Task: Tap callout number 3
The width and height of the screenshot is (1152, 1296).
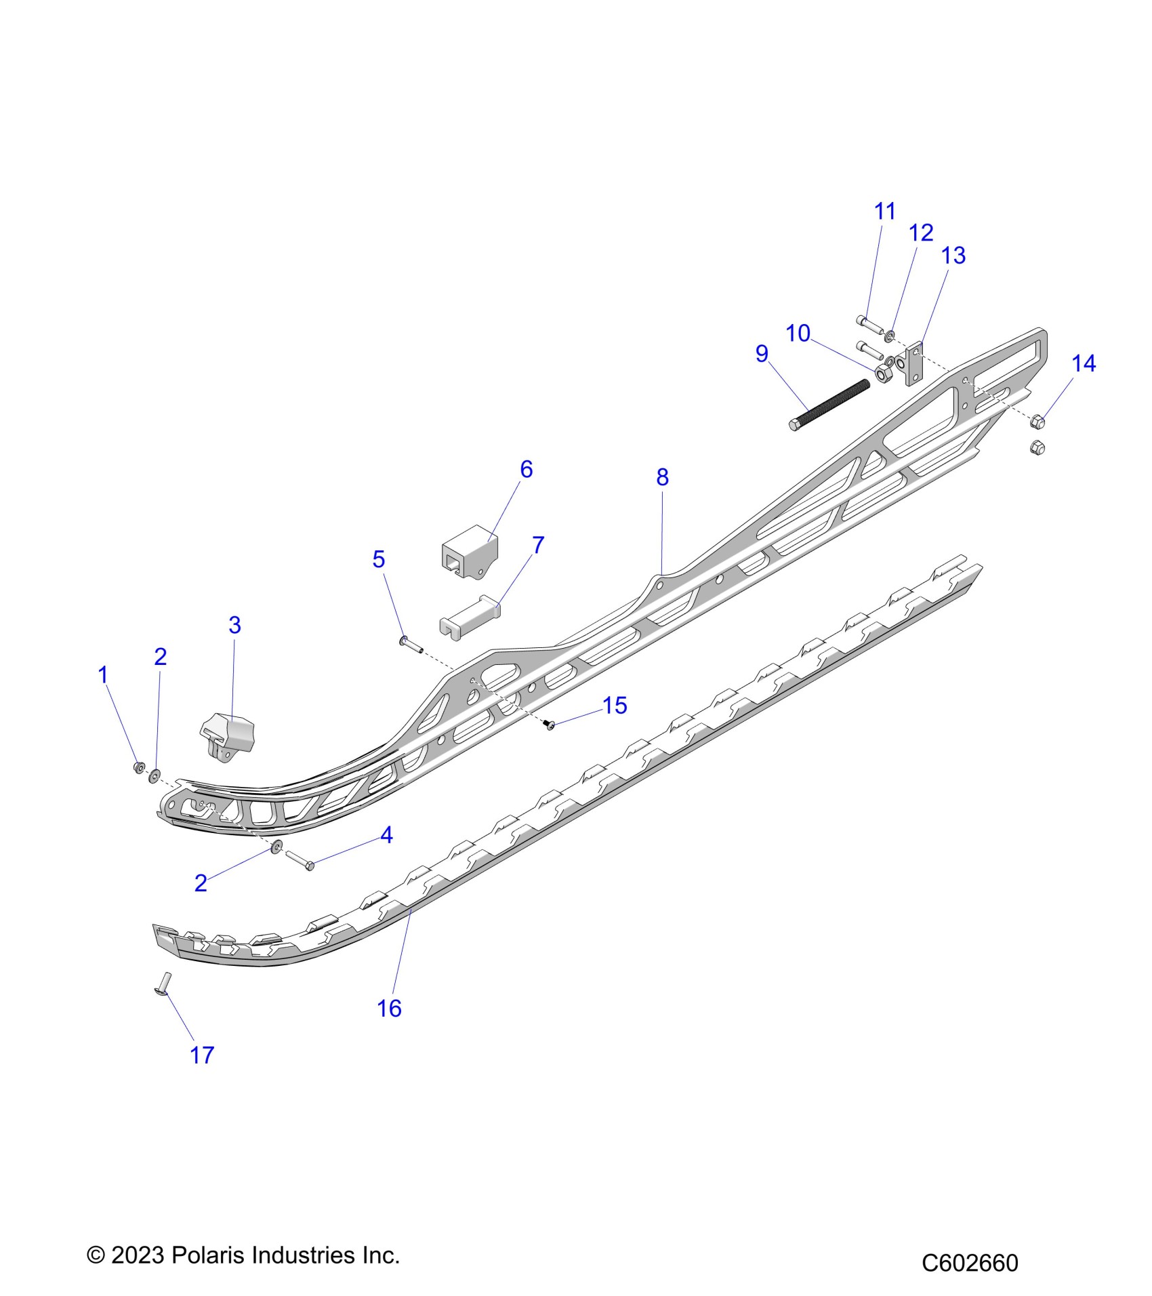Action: [234, 624]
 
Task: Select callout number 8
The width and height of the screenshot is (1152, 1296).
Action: [662, 477]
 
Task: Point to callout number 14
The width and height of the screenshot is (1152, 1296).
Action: [1083, 363]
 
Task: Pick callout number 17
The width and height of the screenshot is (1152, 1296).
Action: [202, 1055]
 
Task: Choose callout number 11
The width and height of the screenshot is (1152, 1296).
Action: [884, 211]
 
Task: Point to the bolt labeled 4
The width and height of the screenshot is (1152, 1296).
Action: [299, 859]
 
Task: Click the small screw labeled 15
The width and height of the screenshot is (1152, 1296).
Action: [550, 726]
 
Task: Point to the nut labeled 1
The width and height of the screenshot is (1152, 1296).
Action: [138, 767]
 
